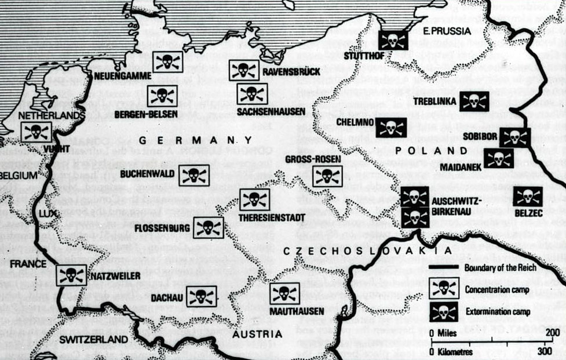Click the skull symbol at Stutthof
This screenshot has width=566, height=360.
point(393,40)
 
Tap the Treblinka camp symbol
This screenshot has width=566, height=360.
point(474,101)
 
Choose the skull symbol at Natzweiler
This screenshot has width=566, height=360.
point(71,275)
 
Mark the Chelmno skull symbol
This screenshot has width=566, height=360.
point(390,128)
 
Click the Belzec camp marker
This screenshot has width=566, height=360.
point(527,197)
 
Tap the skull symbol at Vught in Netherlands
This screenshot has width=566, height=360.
point(35,132)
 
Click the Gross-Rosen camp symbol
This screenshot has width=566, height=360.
point(327,176)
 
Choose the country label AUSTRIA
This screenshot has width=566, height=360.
point(257,334)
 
